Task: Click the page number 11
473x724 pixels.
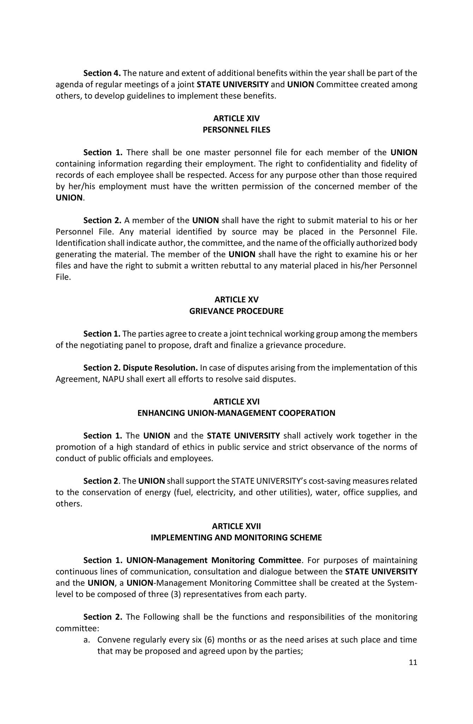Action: pyautogui.click(x=413, y=662)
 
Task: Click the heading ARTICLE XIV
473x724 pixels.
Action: pyautogui.click(x=236, y=118)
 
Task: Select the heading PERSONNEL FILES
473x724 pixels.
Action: pyautogui.click(x=236, y=130)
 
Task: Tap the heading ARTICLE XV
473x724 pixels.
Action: pyautogui.click(x=236, y=300)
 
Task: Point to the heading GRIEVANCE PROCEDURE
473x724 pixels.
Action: pyautogui.click(x=236, y=311)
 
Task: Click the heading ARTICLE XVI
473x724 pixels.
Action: pyautogui.click(x=236, y=402)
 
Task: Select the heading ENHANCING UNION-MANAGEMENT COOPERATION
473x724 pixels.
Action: pyautogui.click(x=236, y=413)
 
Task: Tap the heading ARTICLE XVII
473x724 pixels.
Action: pyautogui.click(x=236, y=526)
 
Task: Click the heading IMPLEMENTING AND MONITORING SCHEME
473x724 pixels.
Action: pyautogui.click(x=236, y=537)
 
